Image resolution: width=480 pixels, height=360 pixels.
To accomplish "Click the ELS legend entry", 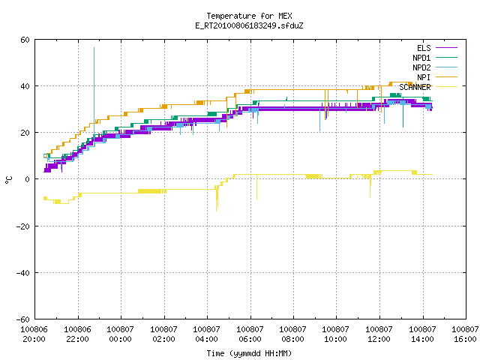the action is pyautogui.click(x=424, y=48).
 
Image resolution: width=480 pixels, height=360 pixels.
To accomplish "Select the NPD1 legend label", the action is pyautogui.click(x=421, y=58).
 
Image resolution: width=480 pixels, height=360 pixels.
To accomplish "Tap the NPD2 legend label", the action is pyautogui.click(x=421, y=67).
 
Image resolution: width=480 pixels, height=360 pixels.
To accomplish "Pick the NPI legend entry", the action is pyautogui.click(x=424, y=77).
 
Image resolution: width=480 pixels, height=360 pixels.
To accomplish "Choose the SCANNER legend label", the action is pyautogui.click(x=415, y=87).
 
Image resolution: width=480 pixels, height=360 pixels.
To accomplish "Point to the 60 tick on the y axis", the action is pyautogui.click(x=25, y=40).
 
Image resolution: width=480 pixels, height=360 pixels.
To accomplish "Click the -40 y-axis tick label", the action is pyautogui.click(x=23, y=273).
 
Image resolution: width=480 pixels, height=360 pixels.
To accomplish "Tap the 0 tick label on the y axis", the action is pyautogui.click(x=28, y=179).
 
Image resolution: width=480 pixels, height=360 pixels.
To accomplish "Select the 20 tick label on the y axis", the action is pyautogui.click(x=25, y=133).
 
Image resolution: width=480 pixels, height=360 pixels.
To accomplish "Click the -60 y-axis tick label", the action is pyautogui.click(x=23, y=319).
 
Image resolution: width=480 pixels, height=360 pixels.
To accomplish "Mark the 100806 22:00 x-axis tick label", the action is pyautogui.click(x=78, y=334).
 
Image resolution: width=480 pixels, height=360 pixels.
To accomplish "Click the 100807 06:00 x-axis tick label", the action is pyautogui.click(x=250, y=334).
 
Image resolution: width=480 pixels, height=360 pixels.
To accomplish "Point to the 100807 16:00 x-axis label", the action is pyautogui.click(x=465, y=334).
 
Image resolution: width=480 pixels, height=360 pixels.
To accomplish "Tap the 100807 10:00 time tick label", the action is pyautogui.click(x=336, y=334).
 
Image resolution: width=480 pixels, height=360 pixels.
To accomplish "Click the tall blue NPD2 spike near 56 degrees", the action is pyautogui.click(x=94, y=91).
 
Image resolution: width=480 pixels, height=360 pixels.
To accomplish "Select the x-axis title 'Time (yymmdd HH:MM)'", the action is pyautogui.click(x=249, y=353).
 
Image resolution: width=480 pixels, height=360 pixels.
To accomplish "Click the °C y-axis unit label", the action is pyautogui.click(x=8, y=180).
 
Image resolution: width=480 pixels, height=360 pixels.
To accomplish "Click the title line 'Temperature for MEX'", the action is pyautogui.click(x=249, y=16).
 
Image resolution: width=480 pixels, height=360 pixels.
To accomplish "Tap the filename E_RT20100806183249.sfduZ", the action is pyautogui.click(x=249, y=25).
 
